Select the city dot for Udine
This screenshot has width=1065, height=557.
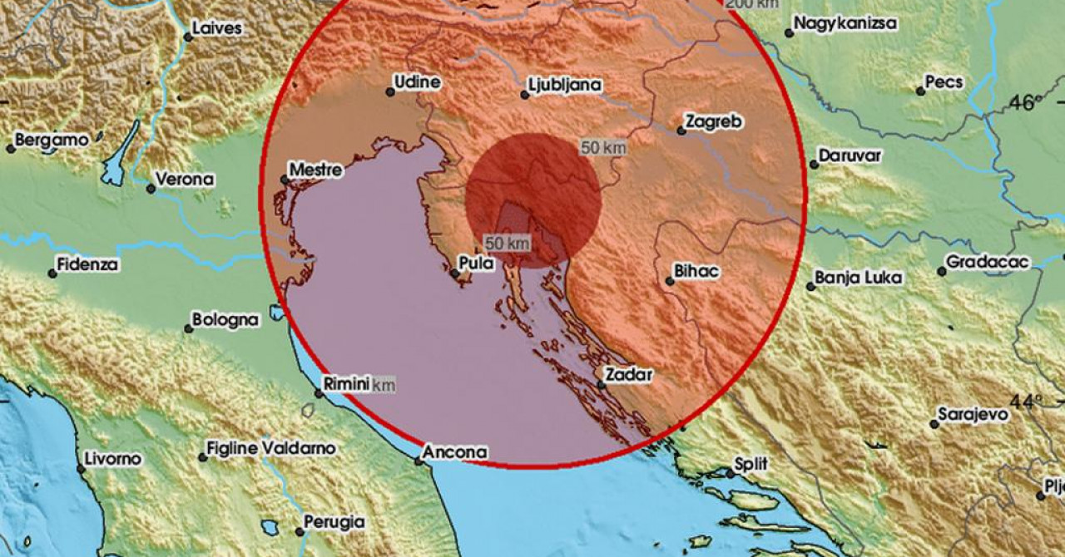[x=390, y=92]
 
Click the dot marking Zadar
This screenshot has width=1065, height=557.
[x=601, y=384]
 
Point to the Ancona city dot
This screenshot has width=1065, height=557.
[x=419, y=461]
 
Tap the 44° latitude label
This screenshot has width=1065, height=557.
[x=1027, y=402]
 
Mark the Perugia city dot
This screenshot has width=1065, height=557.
[x=299, y=530]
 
